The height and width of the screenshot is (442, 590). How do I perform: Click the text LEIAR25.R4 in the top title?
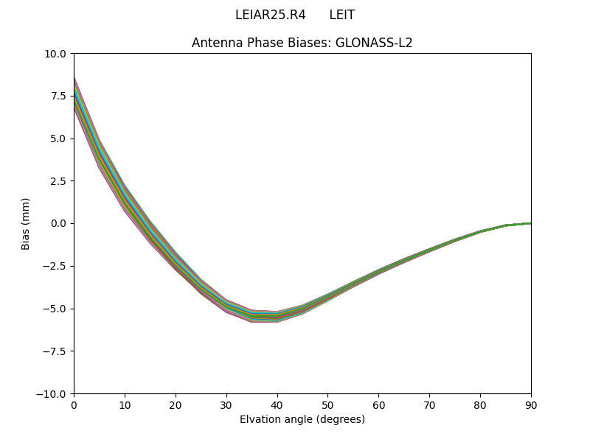[270, 15]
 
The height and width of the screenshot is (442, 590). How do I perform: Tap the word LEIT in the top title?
[341, 15]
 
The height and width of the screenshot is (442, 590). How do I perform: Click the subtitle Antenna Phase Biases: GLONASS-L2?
[302, 43]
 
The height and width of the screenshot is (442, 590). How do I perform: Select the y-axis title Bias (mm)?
[26, 223]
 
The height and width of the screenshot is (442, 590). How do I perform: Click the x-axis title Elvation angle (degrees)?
[302, 420]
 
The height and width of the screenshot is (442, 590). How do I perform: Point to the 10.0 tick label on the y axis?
[56, 54]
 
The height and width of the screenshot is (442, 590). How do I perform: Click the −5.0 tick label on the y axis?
[55, 309]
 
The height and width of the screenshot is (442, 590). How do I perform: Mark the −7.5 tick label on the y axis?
[55, 351]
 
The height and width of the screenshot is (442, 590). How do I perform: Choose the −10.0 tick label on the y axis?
[52, 394]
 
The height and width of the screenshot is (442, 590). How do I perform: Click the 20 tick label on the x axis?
[176, 405]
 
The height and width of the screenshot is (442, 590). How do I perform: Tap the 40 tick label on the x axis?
[277, 405]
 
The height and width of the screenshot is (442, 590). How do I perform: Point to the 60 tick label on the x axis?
[378, 405]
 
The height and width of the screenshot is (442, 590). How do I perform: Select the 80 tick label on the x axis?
[480, 405]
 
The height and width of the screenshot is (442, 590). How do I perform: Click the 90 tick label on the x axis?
[531, 405]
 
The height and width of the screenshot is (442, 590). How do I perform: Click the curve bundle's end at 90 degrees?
[530, 223]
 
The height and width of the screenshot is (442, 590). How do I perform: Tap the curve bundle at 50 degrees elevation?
[327, 295]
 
